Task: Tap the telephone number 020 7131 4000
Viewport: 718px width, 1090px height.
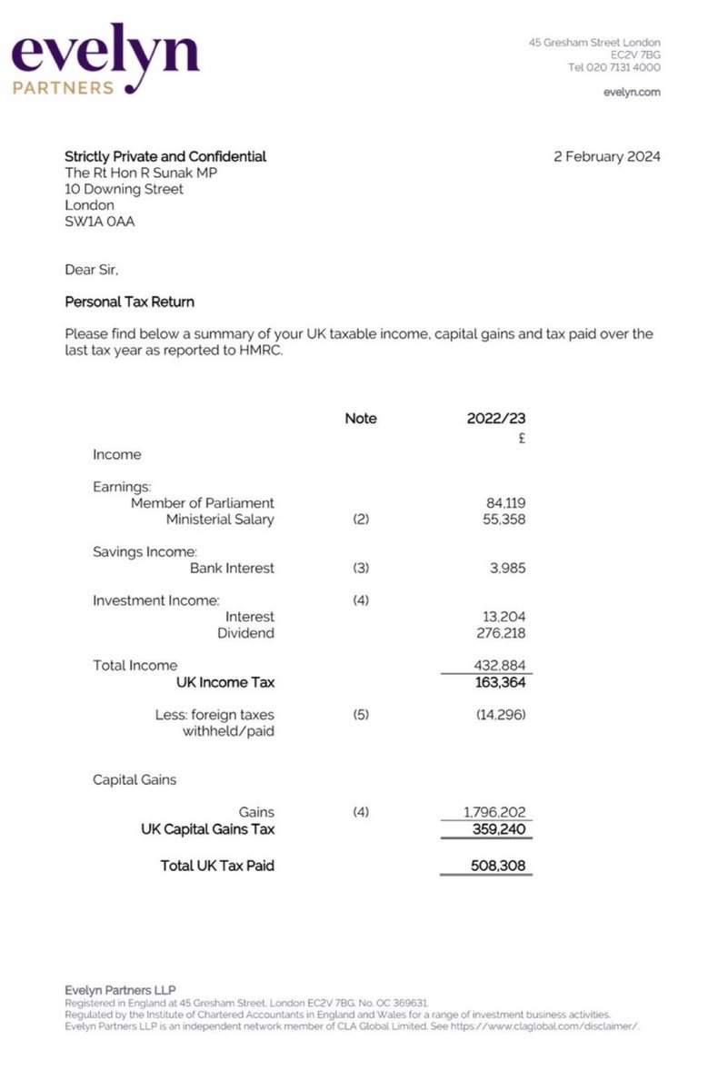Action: pyautogui.click(x=614, y=67)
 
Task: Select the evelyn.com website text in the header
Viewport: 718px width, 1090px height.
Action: pyautogui.click(x=632, y=92)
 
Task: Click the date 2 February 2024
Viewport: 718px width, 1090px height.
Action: pyautogui.click(x=606, y=156)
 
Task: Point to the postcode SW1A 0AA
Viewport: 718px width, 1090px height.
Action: pyautogui.click(x=99, y=221)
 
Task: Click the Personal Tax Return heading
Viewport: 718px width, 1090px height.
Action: pyautogui.click(x=129, y=302)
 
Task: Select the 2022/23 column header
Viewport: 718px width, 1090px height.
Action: pyautogui.click(x=496, y=419)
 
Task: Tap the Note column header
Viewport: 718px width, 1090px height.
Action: pyautogui.click(x=360, y=419)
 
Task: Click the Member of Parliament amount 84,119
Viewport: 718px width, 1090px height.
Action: pyautogui.click(x=506, y=502)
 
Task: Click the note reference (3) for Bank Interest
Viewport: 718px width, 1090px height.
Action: pyautogui.click(x=360, y=568)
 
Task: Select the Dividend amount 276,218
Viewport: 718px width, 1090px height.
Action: pyautogui.click(x=502, y=632)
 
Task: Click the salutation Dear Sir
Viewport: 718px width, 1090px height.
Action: pyautogui.click(x=91, y=269)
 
